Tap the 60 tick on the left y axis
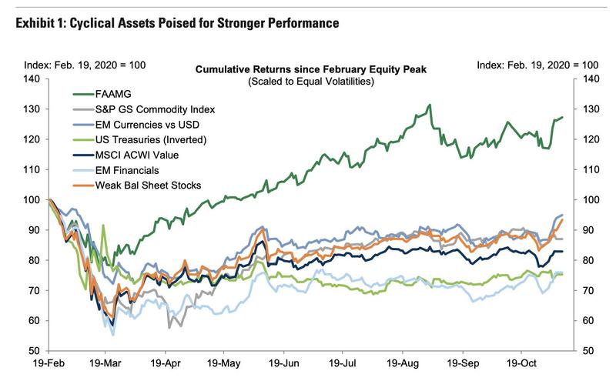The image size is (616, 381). tap(33, 321)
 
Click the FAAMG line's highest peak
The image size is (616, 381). tap(430, 105)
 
